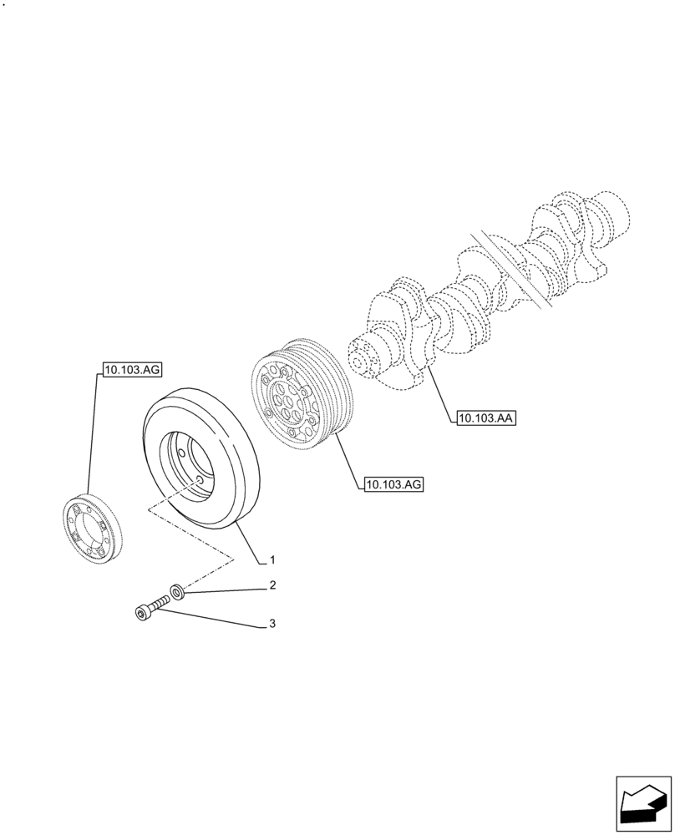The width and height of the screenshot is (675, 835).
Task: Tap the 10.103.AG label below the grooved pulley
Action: pos(393,483)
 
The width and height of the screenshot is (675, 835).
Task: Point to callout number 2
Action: pos(272,586)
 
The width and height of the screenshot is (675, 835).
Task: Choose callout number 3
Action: pos(272,624)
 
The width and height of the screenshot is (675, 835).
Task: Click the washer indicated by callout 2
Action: pos(177,593)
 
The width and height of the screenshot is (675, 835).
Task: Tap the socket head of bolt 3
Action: pos(141,614)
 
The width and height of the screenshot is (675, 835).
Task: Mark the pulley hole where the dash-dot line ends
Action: pos(197,481)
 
